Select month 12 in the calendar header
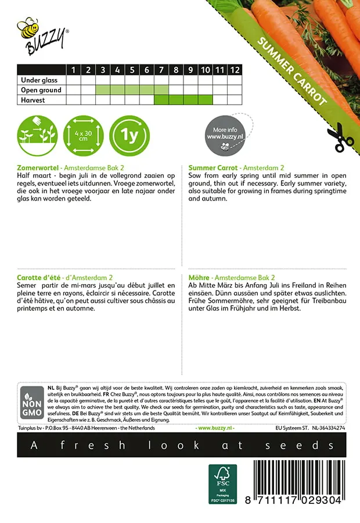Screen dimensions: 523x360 click(234, 70)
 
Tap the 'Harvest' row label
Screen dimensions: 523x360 click(33, 100)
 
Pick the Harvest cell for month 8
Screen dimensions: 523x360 click(176, 100)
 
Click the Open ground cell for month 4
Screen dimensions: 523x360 click(117, 90)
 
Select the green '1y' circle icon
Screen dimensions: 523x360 click(129, 135)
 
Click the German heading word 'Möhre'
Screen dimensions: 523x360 click(200, 278)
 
